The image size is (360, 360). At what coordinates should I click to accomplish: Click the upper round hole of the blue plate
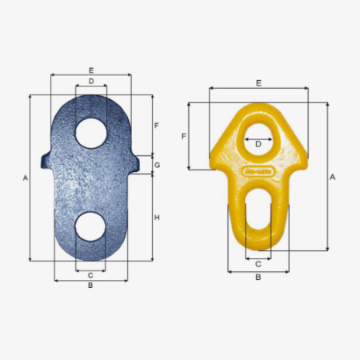pos(91,134)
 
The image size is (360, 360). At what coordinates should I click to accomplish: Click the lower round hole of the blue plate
pos(90,226)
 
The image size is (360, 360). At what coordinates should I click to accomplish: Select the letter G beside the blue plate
pos(158,165)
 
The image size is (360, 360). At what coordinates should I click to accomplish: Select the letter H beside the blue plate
pos(157,218)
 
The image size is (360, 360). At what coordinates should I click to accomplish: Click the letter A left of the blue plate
pos(26,178)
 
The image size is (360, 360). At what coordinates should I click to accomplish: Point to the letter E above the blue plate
pos(91,70)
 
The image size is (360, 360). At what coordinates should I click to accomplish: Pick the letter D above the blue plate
pos(91,81)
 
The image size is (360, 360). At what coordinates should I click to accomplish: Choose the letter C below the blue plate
pos(90,275)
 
